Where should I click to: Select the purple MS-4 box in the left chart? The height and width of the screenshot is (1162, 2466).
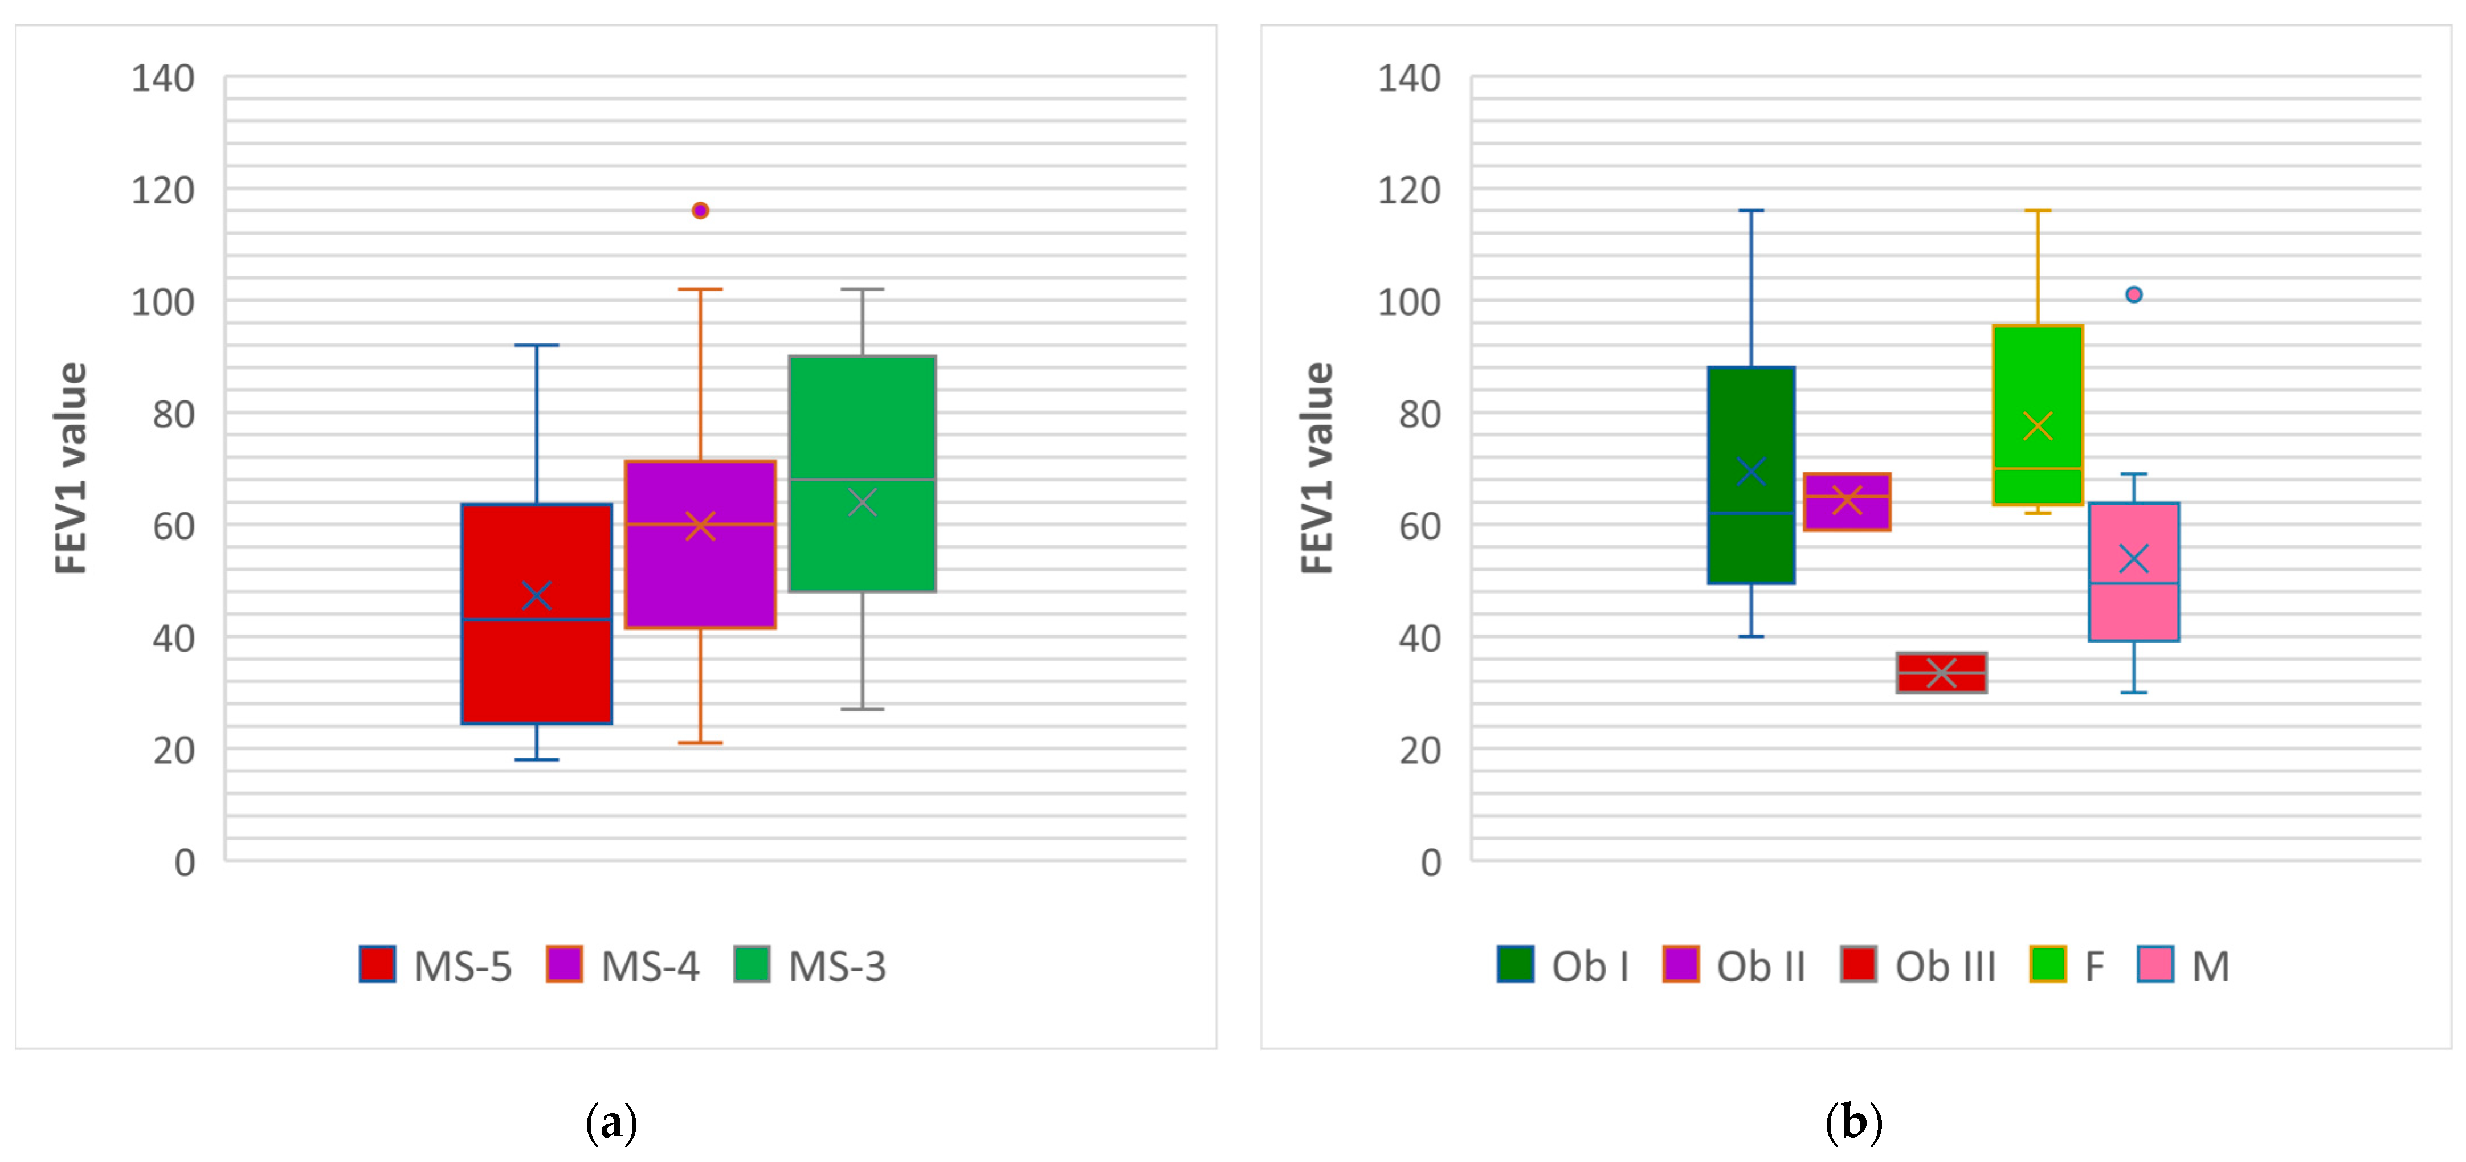coord(700,574)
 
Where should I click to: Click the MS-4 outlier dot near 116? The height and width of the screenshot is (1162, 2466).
coord(700,211)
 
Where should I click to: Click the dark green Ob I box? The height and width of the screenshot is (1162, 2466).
coord(1751,421)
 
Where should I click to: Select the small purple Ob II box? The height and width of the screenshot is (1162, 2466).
coord(1847,514)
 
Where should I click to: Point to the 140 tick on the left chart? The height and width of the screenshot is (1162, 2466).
coord(163,79)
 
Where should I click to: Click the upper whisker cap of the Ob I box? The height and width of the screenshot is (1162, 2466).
coord(1751,211)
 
